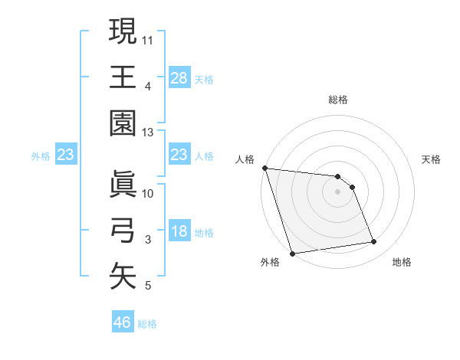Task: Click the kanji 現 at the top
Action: (x=123, y=31)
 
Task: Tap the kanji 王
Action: (x=123, y=77)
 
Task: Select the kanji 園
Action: (x=123, y=123)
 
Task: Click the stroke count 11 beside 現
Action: (x=148, y=38)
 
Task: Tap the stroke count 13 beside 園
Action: (x=148, y=133)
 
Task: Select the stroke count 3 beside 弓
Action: (x=148, y=240)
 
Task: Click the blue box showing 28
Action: (x=179, y=77)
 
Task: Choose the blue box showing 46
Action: (x=123, y=322)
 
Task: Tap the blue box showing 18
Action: (x=179, y=231)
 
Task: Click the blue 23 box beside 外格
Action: (x=66, y=155)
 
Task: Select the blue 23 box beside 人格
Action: (x=179, y=155)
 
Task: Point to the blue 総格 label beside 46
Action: (x=147, y=324)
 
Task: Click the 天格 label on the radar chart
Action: (x=431, y=159)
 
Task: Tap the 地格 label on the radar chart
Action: (x=402, y=262)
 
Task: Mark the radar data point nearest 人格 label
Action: (x=264, y=168)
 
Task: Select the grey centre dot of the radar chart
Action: (x=337, y=191)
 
